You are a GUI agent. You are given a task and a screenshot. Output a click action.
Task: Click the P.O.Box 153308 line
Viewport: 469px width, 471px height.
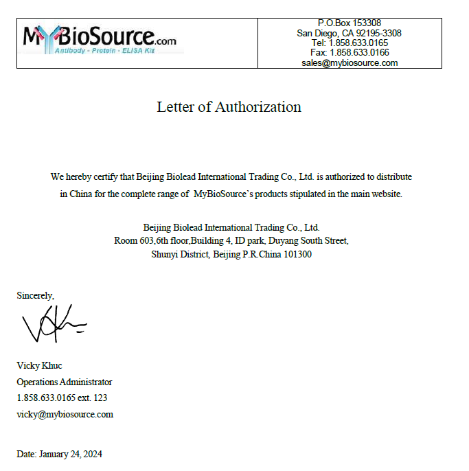[349, 23]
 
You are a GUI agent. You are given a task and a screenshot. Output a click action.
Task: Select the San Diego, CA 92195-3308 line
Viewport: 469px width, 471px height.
[349, 33]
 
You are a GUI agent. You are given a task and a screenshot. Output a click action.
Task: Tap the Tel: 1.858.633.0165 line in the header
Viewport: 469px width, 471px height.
[349, 43]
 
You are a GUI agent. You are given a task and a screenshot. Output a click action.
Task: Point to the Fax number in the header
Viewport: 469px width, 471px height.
[349, 52]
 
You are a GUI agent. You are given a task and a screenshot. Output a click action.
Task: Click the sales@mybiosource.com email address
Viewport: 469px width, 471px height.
[349, 62]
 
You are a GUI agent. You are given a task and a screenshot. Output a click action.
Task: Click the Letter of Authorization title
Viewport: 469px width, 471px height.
[229, 107]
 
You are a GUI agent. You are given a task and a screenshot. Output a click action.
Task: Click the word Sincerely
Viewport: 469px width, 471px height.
[35, 295]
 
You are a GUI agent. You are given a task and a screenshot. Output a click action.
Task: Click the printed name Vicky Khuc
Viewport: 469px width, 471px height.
[39, 365]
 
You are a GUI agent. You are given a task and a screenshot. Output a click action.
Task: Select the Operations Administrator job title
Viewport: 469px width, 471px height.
[64, 382]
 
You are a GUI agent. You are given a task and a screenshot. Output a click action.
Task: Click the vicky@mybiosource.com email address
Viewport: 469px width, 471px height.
[65, 414]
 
